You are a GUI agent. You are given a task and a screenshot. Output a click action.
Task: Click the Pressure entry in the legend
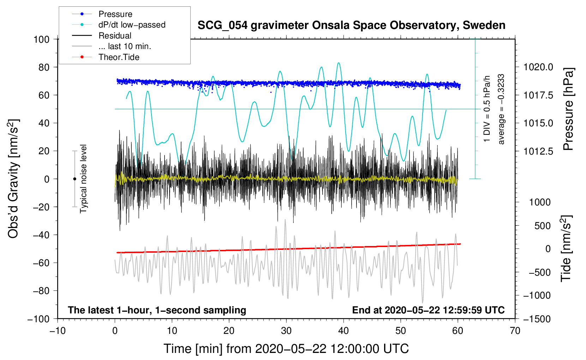click(x=115, y=14)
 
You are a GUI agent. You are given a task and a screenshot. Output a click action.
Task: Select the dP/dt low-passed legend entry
click(x=132, y=25)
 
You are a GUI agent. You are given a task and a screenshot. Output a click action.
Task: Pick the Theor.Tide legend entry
click(x=119, y=57)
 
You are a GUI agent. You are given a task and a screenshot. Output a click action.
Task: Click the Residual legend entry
click(x=115, y=36)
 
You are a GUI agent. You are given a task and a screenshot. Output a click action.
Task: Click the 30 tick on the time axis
click(x=286, y=331)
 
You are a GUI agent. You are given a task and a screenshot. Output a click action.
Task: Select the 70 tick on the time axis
click(x=515, y=331)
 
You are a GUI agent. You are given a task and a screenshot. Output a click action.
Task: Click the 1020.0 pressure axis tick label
click(x=538, y=67)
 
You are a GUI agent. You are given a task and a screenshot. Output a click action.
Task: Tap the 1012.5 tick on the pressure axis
click(x=538, y=151)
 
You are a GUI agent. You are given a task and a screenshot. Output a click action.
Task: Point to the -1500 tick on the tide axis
click(x=537, y=319)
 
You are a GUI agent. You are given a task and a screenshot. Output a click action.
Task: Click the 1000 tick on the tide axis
click(x=540, y=202)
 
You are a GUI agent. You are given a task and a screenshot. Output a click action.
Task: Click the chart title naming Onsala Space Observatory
click(x=351, y=25)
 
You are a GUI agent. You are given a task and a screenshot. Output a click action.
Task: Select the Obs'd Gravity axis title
click(x=13, y=179)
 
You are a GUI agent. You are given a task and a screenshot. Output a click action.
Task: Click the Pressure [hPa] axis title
click(x=568, y=109)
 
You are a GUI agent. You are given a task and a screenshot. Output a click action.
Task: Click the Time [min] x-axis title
click(x=286, y=349)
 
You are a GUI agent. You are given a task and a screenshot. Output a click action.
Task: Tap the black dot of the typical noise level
click(x=74, y=179)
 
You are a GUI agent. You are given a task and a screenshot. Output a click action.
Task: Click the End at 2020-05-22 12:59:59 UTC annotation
click(x=428, y=310)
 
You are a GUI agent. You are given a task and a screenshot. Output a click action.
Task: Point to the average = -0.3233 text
click(x=501, y=109)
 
